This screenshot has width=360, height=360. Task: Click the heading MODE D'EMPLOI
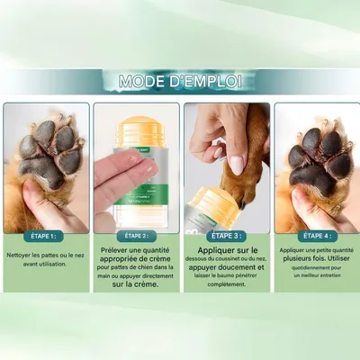(x=180, y=82)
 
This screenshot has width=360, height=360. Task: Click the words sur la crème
(x=135, y=283)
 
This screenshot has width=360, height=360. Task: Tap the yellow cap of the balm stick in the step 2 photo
(x=135, y=114)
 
